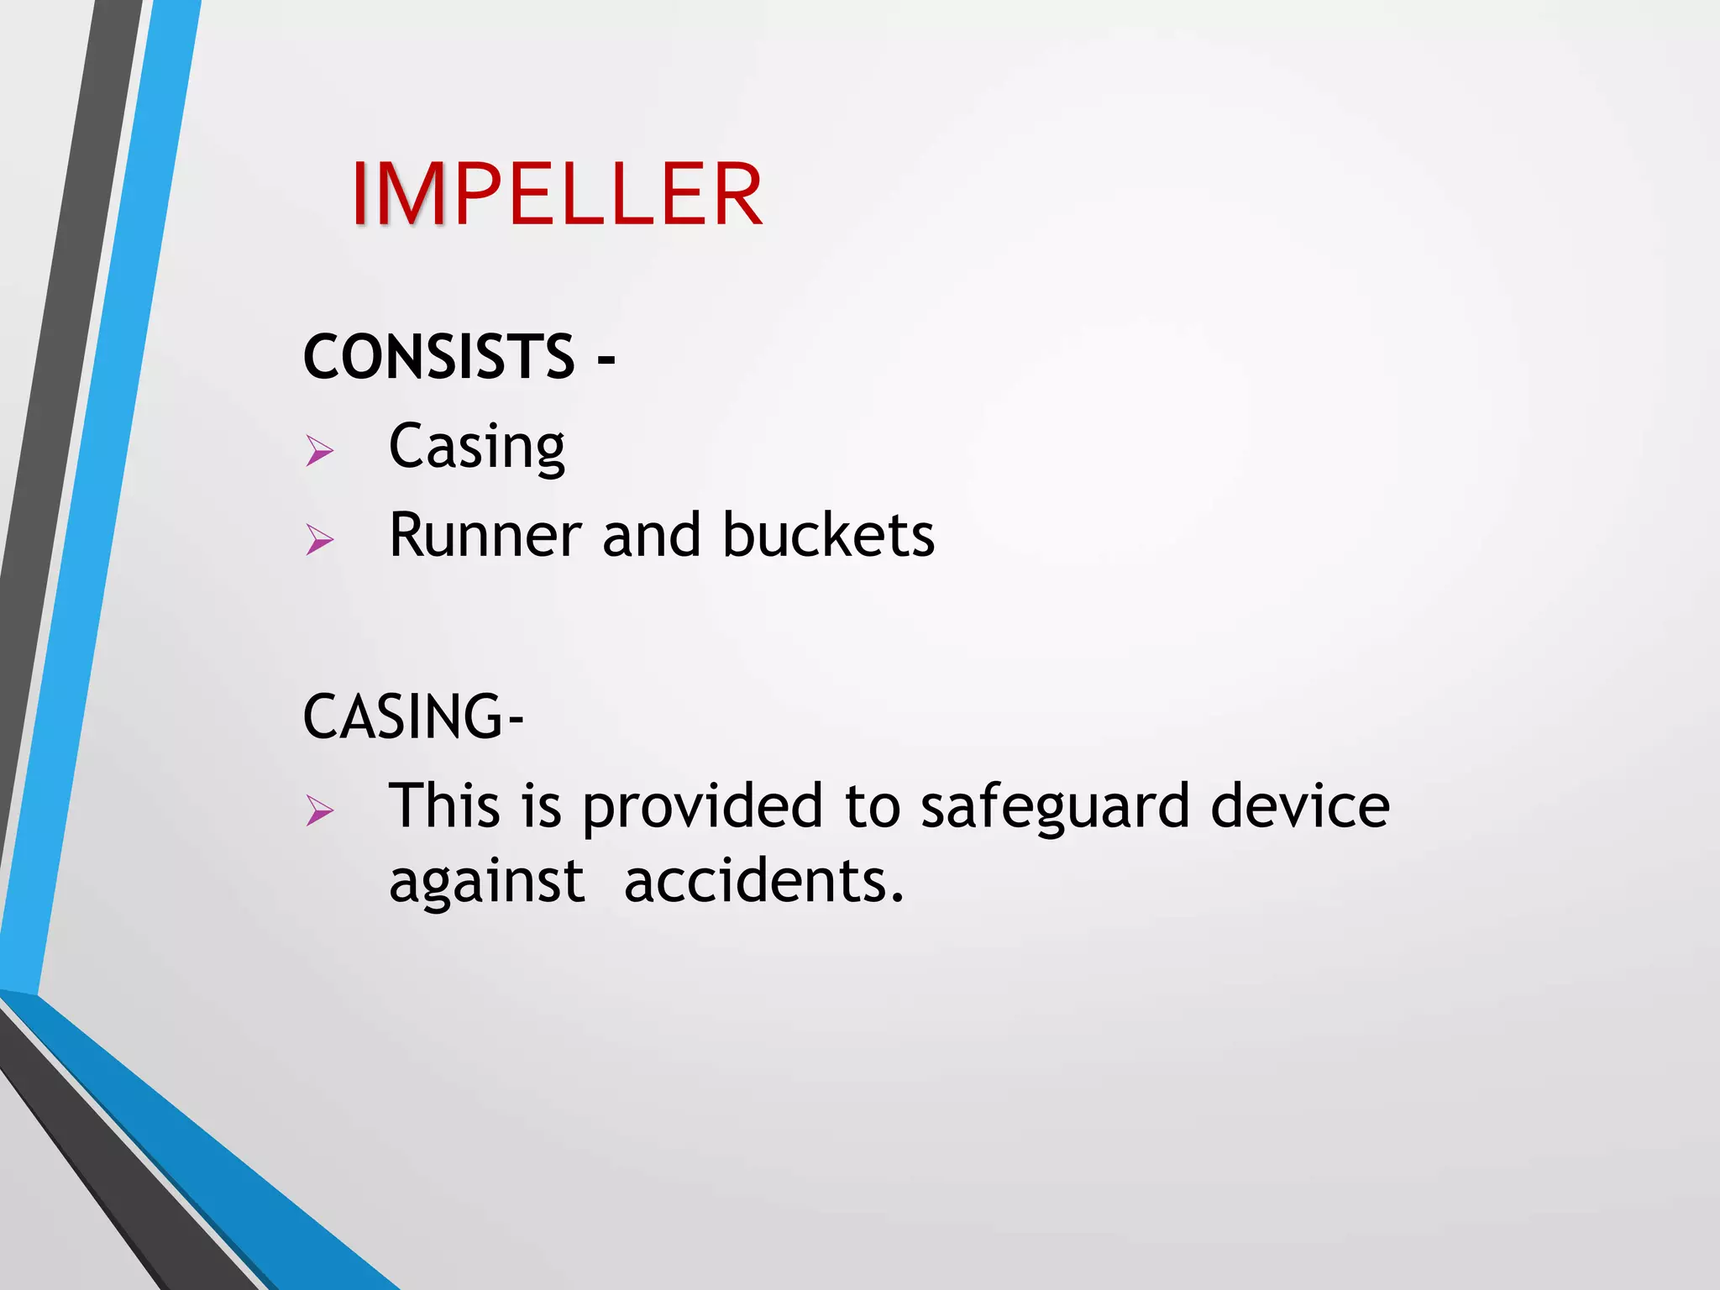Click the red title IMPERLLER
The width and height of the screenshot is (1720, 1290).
557,195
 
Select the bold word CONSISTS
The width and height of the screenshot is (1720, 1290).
438,357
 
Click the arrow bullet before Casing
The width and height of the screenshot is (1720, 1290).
319,451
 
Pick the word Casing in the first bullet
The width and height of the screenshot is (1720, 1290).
476,448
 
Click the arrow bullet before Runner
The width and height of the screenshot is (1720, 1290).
319,539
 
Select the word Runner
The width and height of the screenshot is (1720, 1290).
485,536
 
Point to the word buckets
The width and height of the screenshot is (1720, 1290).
828,536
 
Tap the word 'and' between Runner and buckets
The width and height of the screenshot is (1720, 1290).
651,536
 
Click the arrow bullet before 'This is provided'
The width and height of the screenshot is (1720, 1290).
319,810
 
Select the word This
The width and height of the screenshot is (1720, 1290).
444,806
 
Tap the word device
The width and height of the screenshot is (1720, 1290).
1300,806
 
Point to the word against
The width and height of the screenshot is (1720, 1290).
486,884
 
